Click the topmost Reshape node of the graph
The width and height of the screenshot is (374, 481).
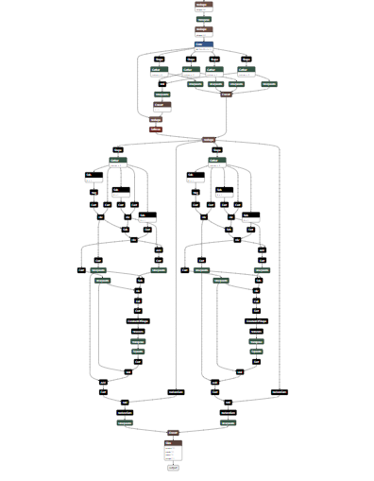201,6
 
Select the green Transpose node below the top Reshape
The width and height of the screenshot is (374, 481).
204,19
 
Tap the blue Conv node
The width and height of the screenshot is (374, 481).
204,43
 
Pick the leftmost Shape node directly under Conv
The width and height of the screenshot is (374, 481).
160,59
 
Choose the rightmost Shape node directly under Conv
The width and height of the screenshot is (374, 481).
246,59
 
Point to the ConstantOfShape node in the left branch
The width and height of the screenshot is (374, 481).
138,321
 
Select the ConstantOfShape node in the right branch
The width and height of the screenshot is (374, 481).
256,321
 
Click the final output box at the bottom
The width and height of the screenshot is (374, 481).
173,467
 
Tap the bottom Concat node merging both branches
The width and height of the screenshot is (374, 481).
173,433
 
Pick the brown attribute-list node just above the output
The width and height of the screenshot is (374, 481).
173,448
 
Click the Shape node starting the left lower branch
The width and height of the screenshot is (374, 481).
118,149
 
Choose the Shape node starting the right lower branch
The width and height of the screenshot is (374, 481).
217,149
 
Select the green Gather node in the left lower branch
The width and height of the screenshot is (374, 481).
117,161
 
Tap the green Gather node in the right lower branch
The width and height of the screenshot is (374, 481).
217,161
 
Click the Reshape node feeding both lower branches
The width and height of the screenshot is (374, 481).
209,139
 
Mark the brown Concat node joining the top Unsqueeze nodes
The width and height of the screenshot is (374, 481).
226,94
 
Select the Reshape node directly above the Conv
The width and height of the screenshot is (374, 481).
203,30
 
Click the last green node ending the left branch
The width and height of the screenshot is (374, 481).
124,422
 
